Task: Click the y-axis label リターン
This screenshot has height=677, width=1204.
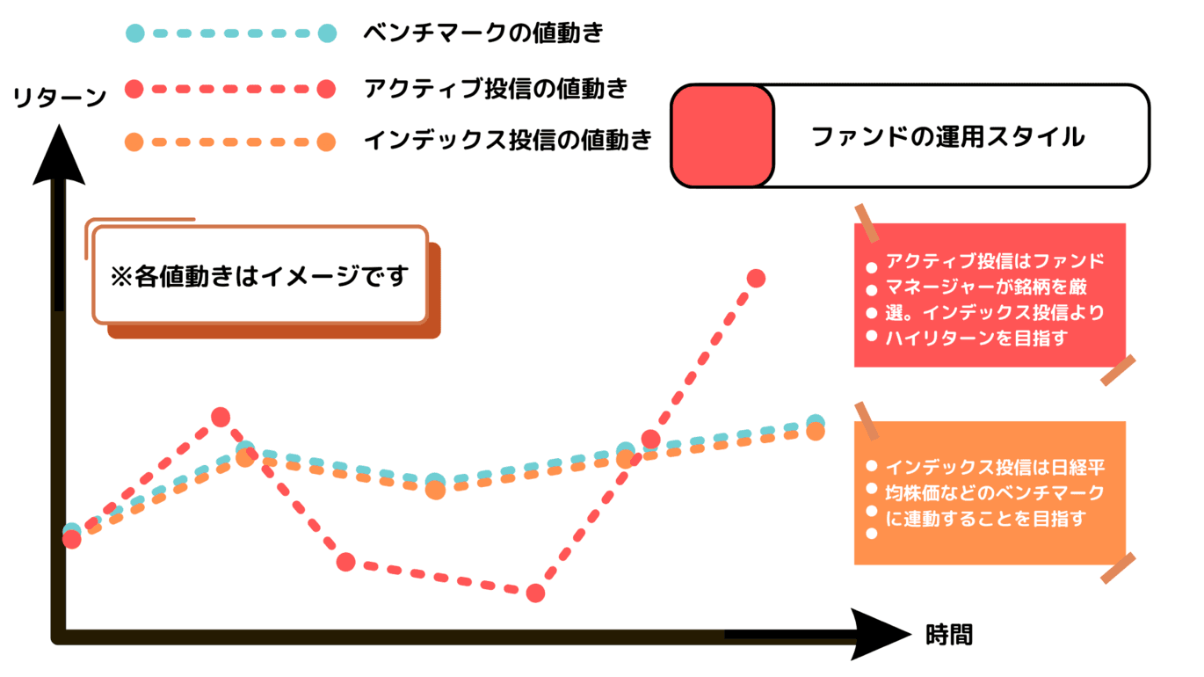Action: point(60,98)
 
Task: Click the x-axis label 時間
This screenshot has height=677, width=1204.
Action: point(949,635)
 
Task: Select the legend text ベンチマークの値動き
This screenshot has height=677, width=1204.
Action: point(483,34)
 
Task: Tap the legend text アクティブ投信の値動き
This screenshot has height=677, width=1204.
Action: point(496,88)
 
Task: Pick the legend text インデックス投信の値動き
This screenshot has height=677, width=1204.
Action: point(507,140)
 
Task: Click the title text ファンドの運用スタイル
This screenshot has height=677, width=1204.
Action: point(947,137)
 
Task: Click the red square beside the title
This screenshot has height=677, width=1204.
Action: point(722,135)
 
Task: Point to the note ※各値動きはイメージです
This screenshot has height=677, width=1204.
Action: point(260,275)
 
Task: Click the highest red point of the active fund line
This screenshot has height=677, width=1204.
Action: point(756,279)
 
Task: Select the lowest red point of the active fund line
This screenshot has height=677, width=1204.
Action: point(535,593)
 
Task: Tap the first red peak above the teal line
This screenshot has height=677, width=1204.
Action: point(221,417)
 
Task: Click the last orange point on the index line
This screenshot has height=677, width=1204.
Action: point(815,432)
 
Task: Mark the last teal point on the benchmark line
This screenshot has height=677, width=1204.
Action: point(816,422)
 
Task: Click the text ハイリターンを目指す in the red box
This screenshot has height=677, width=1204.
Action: point(976,338)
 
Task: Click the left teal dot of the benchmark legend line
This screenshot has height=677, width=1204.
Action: point(134,34)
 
